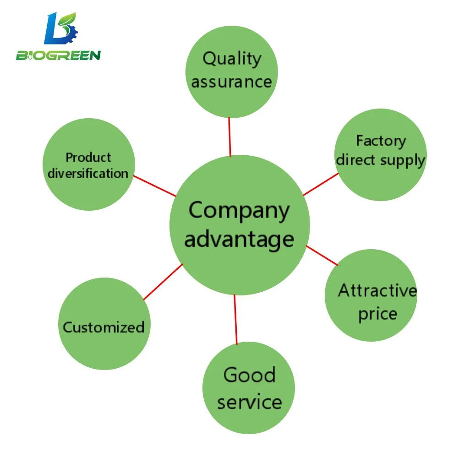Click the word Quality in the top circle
(232, 59)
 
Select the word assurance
(231, 82)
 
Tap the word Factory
(381, 141)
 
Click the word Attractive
(377, 291)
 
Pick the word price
(377, 314)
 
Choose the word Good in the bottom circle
(249, 375)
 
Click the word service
(249, 402)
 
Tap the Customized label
(104, 327)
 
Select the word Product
(88, 158)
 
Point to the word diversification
(88, 174)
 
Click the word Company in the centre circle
(239, 211)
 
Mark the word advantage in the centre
(239, 239)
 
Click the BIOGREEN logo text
(58, 56)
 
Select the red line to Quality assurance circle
(229, 137)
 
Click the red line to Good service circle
(235, 319)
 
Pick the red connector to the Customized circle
(163, 282)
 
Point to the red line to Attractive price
(322, 256)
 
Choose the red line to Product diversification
(154, 185)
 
